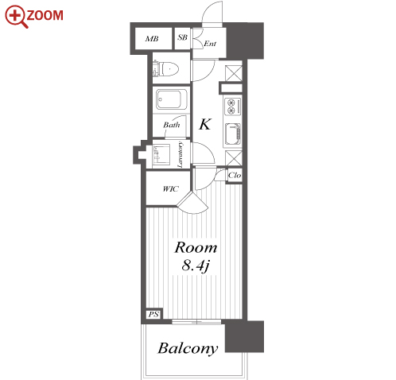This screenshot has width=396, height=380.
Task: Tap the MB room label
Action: [152, 39]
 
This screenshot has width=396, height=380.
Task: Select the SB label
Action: [182, 37]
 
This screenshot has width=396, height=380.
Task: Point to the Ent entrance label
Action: [210, 44]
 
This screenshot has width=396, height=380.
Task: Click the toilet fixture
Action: [165, 69]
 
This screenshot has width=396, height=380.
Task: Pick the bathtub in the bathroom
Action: [172, 99]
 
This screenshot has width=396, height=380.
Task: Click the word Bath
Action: [172, 125]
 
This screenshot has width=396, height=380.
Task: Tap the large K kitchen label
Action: [205, 124]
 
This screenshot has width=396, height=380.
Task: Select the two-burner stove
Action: [233, 107]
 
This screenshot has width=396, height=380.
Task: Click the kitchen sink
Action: [233, 135]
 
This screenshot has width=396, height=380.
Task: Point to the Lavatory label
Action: [180, 154]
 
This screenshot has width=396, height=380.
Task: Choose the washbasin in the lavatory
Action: [161, 154]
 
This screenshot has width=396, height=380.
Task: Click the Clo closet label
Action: [235, 175]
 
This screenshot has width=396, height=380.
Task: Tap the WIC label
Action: [170, 189]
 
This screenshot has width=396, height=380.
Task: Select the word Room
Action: [196, 247]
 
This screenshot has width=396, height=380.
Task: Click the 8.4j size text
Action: [196, 266]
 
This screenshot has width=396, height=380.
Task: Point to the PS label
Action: [153, 315]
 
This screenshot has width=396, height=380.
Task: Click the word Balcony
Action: [188, 348]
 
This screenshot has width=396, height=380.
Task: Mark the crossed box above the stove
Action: [234, 73]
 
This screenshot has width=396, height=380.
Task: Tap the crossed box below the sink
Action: [234, 158]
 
